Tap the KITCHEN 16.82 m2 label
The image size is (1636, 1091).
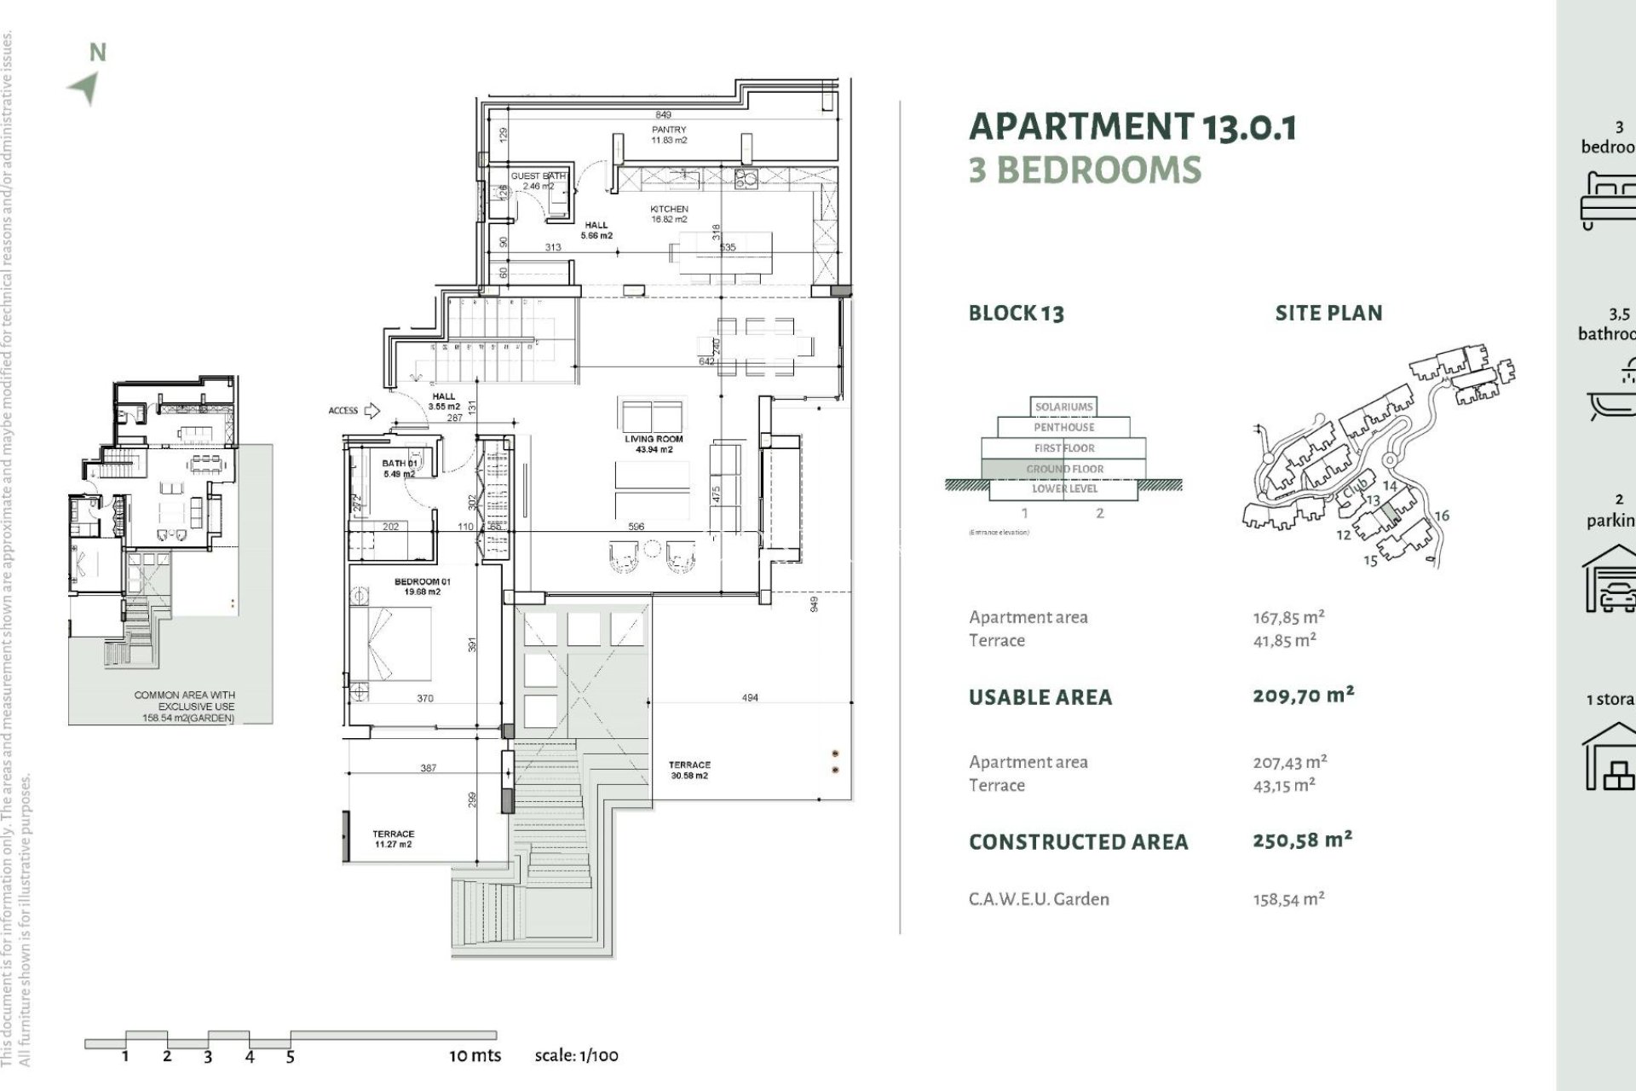669,214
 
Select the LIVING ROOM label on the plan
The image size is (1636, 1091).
654,444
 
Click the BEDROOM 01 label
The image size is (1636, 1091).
423,586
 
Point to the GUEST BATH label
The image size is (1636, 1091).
538,181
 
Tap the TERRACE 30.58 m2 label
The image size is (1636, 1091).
689,770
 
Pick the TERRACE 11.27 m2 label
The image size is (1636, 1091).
393,839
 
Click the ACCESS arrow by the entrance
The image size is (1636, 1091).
372,411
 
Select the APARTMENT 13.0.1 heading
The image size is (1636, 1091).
1132,127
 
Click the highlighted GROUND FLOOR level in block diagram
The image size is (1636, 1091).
1064,469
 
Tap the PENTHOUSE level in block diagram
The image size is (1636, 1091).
1063,427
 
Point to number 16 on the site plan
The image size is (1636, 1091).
1441,516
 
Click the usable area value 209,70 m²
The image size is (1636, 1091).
1303,696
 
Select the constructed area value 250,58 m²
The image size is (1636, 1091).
1302,840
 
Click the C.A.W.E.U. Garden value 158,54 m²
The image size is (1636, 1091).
1288,898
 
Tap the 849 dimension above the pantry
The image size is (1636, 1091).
663,114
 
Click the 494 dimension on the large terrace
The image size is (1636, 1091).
750,697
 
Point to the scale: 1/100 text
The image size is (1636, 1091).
576,1055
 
